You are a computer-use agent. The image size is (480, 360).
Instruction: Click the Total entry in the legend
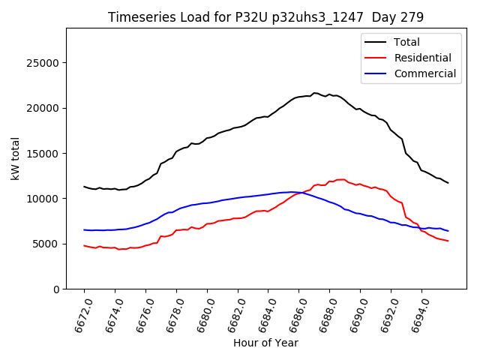(x=406, y=42)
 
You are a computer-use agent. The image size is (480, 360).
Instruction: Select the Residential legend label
(x=422, y=58)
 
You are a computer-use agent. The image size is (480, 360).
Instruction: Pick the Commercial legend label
(x=424, y=73)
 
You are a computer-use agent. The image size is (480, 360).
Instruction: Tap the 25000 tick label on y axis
(x=44, y=62)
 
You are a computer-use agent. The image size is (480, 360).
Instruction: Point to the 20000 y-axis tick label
(x=44, y=108)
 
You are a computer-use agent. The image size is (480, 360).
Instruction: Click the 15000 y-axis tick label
(x=44, y=153)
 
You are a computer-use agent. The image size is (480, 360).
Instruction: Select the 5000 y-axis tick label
(x=47, y=244)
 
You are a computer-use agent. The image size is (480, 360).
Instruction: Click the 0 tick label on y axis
(x=57, y=289)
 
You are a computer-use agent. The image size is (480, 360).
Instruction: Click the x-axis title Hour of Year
(x=265, y=343)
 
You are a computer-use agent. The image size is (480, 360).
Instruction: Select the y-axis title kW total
(x=16, y=158)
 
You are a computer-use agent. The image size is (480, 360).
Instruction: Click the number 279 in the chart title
(x=414, y=17)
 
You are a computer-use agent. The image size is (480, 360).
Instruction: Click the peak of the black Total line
(x=314, y=93)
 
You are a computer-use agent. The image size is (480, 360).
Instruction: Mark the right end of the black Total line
(x=448, y=183)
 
